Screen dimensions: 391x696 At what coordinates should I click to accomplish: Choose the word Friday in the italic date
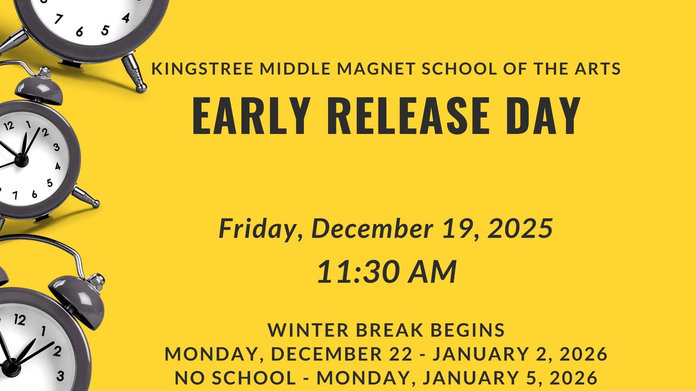coord(256,228)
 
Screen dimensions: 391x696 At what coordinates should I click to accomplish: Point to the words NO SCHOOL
coord(235,378)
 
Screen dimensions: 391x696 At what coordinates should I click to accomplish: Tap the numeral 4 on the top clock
coord(126,18)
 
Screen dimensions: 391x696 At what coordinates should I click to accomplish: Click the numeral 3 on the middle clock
coord(56,147)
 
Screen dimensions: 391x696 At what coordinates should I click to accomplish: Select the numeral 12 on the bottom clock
coord(19,320)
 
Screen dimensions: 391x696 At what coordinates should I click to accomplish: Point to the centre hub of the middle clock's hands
coord(21,160)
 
